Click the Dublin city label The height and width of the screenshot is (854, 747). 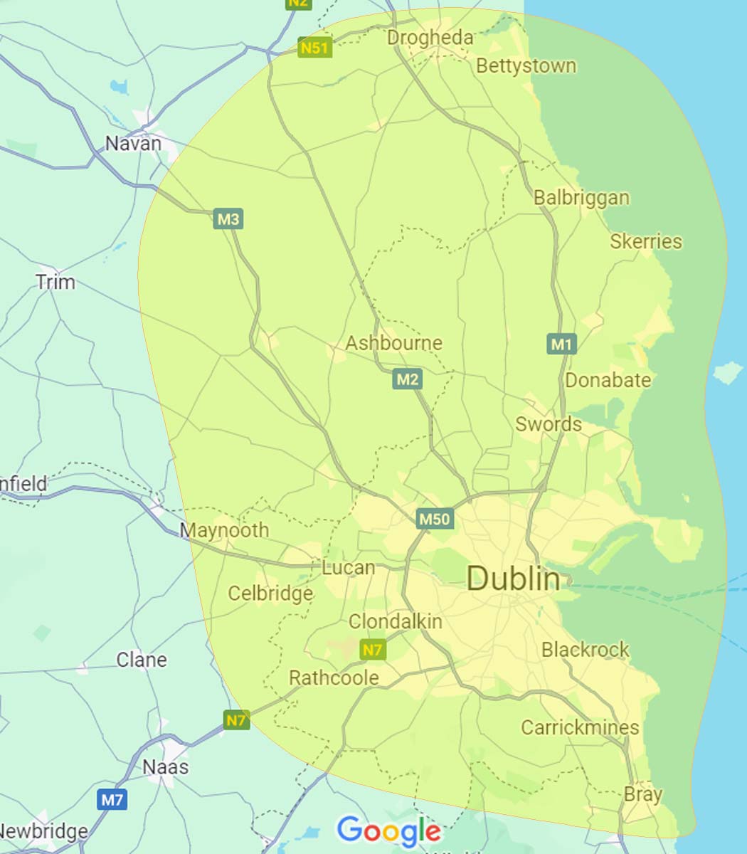(x=513, y=579)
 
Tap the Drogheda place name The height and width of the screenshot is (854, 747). (x=430, y=38)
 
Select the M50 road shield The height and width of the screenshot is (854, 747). (x=434, y=519)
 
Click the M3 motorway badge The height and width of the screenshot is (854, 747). (x=228, y=219)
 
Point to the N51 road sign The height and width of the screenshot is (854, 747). (x=314, y=48)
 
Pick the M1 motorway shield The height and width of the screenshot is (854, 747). (x=561, y=345)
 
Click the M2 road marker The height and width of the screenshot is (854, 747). (x=407, y=379)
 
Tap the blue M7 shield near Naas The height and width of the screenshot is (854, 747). (x=112, y=800)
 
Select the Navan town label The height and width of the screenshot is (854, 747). (x=133, y=144)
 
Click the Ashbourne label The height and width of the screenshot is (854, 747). (x=393, y=343)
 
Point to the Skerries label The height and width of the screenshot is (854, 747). (x=645, y=242)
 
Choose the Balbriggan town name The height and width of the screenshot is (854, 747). (x=581, y=198)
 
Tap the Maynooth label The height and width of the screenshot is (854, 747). (x=224, y=530)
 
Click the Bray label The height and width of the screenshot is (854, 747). (x=642, y=794)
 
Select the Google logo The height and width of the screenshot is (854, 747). (x=388, y=831)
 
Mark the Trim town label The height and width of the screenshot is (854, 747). (x=55, y=283)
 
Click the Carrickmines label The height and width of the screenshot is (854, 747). (x=580, y=727)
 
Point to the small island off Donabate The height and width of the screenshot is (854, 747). (x=726, y=372)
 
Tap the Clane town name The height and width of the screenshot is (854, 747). (x=142, y=660)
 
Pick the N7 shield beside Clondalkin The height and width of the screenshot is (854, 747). (x=373, y=650)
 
